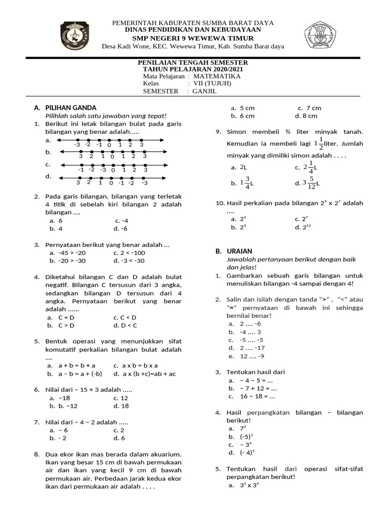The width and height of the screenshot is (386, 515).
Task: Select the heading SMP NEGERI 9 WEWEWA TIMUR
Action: click(x=192, y=38)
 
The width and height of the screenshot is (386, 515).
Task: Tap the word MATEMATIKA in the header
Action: click(x=217, y=76)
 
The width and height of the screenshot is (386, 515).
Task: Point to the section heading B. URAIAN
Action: click(x=234, y=251)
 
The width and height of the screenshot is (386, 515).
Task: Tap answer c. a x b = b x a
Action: click(x=135, y=366)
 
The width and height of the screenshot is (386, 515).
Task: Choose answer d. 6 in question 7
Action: click(x=119, y=438)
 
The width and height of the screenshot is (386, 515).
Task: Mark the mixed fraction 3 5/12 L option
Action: click(x=307, y=183)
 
